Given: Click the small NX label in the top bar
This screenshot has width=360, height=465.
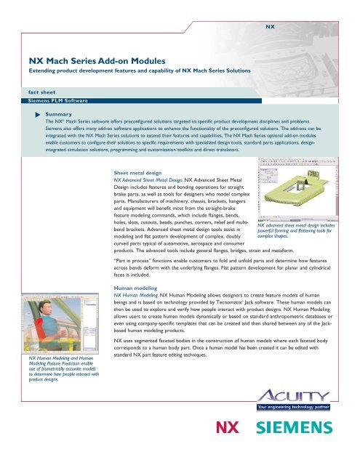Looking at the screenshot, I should [269, 25].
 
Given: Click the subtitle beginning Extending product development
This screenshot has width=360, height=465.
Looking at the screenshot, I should [139, 76].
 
